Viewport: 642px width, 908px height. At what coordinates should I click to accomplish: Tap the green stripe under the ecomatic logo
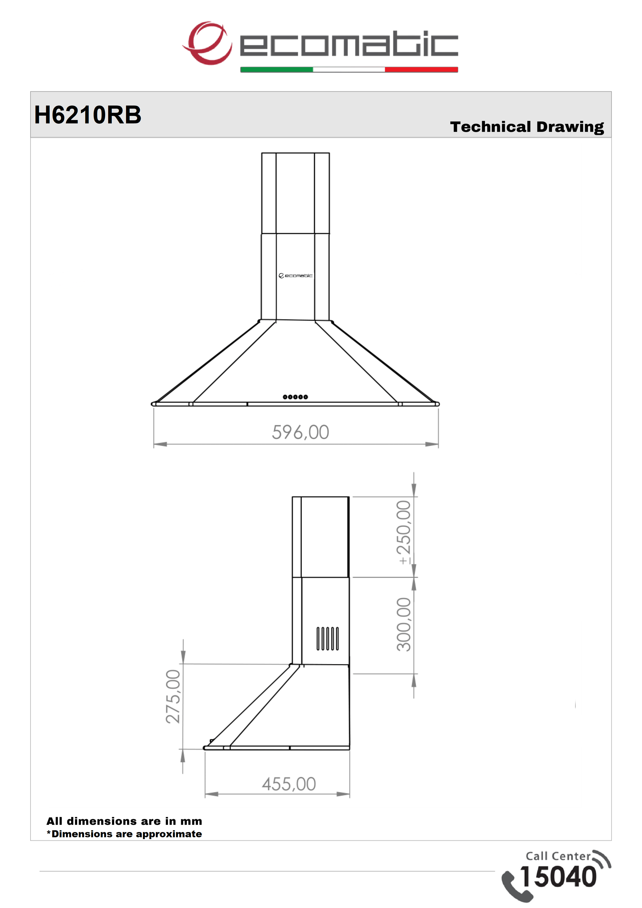277,70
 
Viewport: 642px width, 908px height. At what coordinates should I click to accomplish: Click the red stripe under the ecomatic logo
421,70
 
